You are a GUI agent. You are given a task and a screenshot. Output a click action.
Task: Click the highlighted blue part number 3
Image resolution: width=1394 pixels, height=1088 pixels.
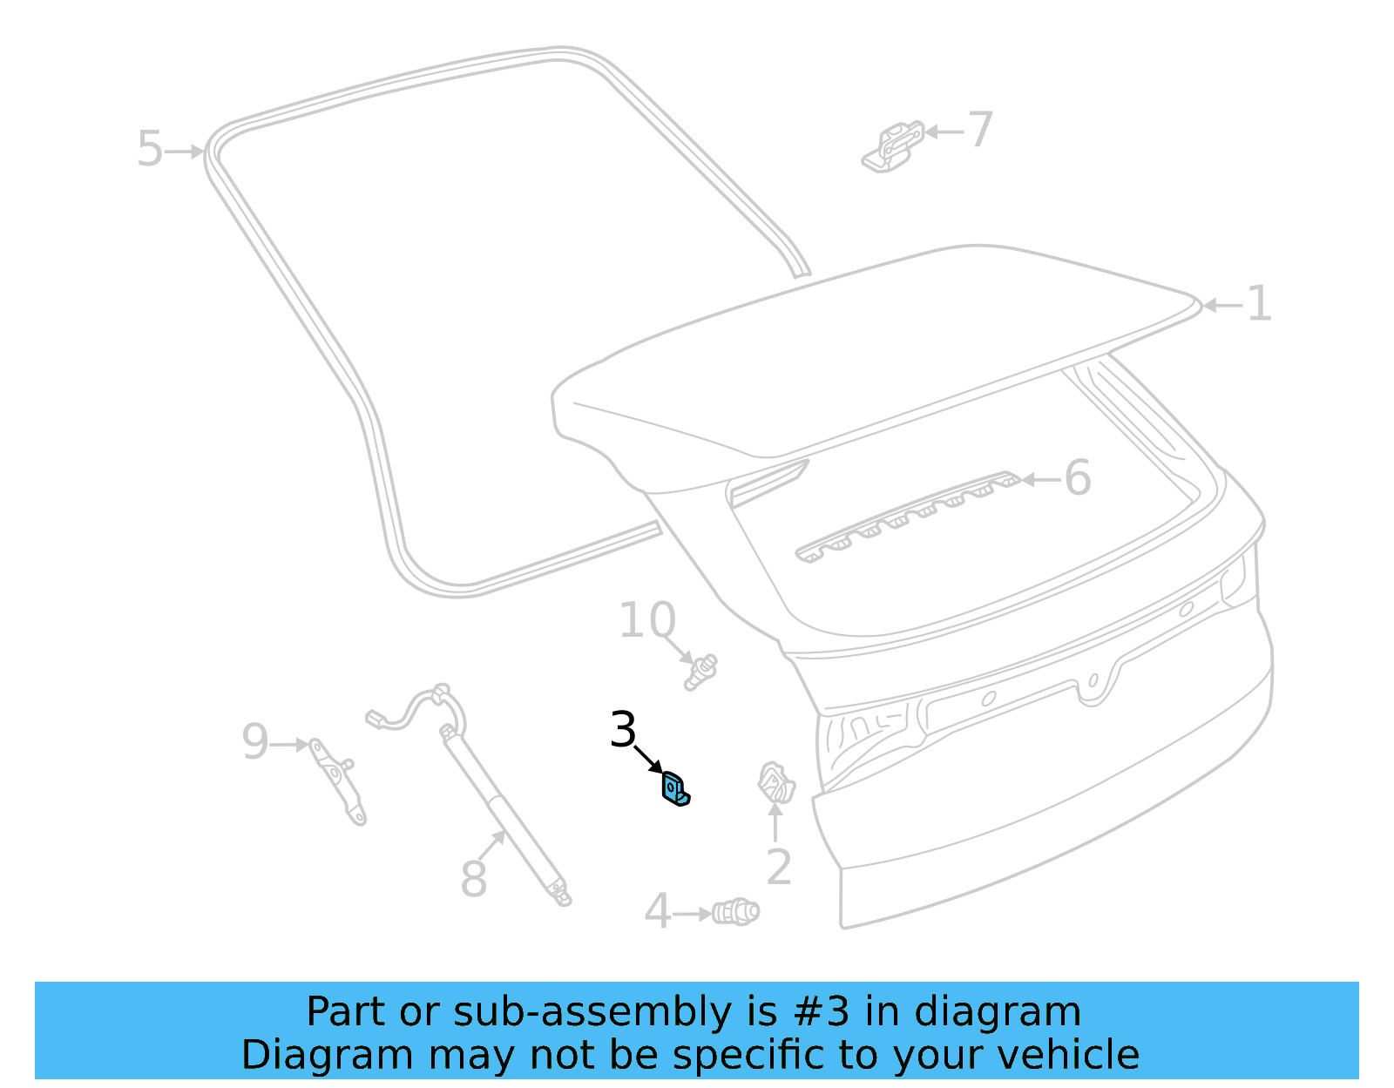point(675,789)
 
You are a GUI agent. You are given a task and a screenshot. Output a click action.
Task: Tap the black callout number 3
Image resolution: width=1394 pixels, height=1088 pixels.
point(623,730)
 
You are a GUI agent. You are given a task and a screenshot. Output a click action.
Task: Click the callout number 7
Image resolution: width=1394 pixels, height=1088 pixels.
point(981,130)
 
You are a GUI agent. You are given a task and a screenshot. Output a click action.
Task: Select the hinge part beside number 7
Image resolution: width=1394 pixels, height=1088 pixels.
point(894,147)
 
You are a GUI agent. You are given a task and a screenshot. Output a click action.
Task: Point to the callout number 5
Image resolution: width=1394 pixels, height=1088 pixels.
point(150,149)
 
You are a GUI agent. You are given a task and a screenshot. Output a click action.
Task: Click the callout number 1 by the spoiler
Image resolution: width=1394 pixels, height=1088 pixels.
point(1259,304)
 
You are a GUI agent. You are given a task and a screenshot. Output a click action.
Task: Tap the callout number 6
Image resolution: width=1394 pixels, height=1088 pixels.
point(1078,478)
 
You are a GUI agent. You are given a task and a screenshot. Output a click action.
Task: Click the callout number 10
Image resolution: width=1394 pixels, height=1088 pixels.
point(646,620)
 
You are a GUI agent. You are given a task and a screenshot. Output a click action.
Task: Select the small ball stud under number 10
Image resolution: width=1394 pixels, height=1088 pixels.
point(700,672)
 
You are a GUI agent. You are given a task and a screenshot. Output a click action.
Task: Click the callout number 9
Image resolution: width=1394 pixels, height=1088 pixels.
point(254,742)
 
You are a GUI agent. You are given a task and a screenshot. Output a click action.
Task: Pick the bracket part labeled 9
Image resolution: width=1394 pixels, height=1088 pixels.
point(339,781)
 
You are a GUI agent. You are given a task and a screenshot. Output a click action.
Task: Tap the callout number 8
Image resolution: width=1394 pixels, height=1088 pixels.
point(473,878)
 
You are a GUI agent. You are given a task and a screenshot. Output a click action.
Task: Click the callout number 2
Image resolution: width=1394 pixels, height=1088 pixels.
point(778,867)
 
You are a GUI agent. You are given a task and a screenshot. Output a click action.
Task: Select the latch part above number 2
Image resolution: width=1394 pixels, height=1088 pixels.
point(775,782)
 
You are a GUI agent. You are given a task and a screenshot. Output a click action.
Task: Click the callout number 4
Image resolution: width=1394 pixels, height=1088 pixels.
point(658,912)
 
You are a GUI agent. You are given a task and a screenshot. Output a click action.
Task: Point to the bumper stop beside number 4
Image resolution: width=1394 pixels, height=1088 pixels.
point(735,912)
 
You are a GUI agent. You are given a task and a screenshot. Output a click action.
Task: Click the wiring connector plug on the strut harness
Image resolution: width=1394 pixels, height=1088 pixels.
point(376,719)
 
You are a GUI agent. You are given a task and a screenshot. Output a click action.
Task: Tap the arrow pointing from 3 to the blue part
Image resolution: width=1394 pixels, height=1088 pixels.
point(649,759)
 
